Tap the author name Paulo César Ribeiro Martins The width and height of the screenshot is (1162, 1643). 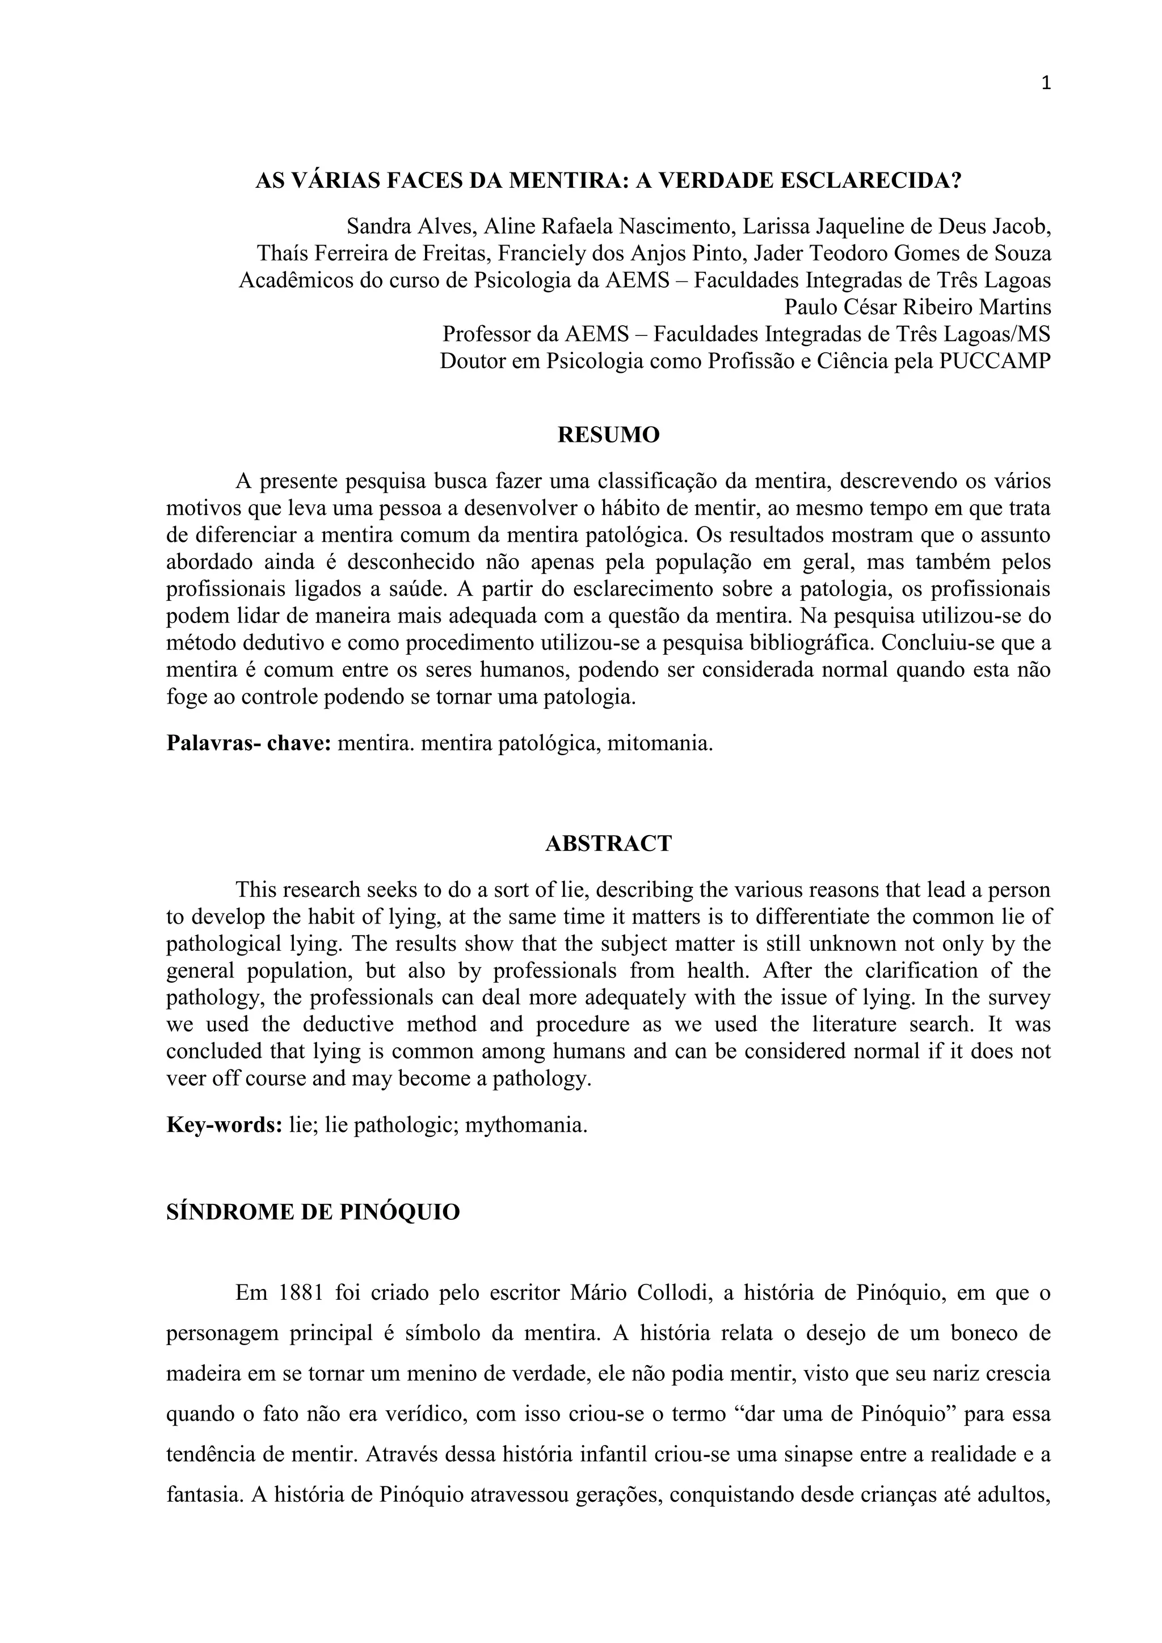click(x=918, y=307)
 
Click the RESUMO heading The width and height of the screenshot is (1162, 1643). click(x=608, y=435)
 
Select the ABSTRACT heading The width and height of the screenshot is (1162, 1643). click(x=608, y=844)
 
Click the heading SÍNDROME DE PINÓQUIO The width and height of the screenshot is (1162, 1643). click(x=313, y=1212)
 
